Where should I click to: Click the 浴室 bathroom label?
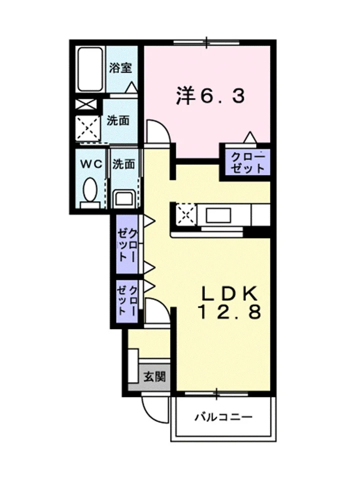coord(120,67)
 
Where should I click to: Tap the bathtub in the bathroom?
coord(89,69)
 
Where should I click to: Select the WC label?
coord(91,164)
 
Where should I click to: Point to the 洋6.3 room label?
coord(210,96)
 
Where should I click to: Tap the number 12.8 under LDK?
coord(230,312)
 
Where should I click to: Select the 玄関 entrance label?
coord(154,376)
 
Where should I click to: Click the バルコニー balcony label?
coord(224,416)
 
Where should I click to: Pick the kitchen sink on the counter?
coord(218,215)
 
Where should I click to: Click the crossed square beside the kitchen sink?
coord(186,214)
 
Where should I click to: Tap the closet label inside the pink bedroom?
coord(247,163)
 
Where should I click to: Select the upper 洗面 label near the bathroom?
coord(118,120)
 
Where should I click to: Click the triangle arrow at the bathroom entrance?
coord(132,87)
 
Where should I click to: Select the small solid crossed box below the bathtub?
coord(86,104)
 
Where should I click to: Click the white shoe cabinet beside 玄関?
coord(133,365)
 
